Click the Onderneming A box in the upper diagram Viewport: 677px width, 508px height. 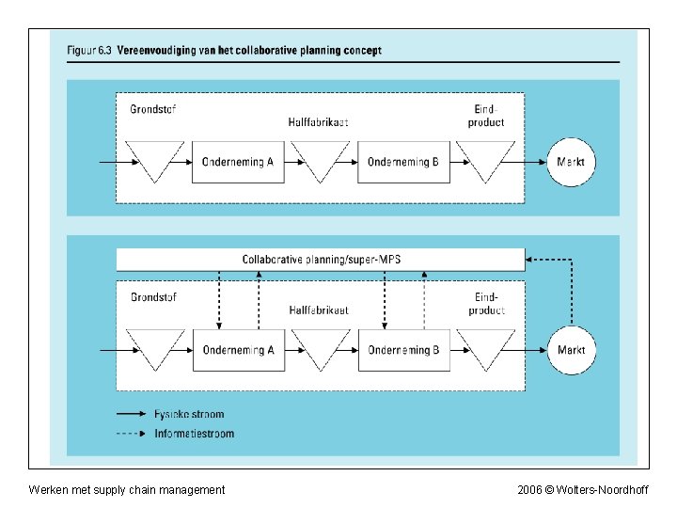(238, 162)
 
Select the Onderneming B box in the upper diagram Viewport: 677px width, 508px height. (403, 162)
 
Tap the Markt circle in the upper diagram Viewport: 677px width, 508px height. (571, 162)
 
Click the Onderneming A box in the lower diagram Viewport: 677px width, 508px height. (238, 350)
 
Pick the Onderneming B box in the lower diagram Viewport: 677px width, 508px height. (403, 350)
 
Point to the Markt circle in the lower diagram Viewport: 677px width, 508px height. (571, 350)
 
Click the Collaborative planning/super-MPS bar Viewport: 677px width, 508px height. (320, 259)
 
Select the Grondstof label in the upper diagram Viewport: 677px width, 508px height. (153, 108)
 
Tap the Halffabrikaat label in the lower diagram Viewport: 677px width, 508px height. (319, 310)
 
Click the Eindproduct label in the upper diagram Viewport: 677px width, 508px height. (485, 115)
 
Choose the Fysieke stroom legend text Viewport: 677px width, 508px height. (189, 414)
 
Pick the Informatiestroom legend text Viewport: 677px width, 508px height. (194, 434)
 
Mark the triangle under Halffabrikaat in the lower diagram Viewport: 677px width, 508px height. (321, 347)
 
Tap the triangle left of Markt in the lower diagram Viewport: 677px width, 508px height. (485, 347)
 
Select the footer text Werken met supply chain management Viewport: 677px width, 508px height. (127, 489)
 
